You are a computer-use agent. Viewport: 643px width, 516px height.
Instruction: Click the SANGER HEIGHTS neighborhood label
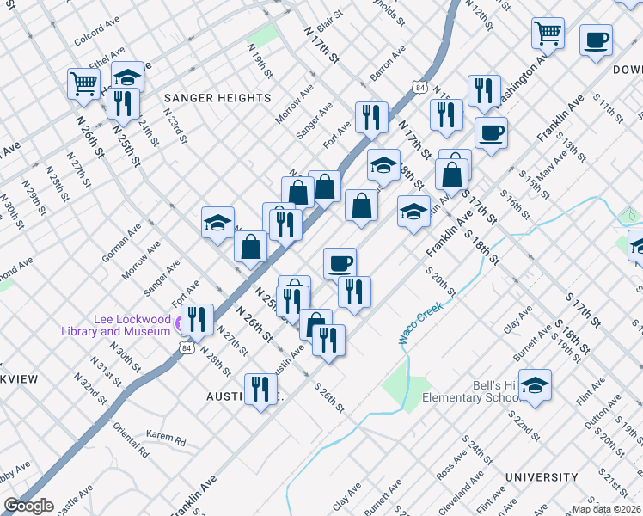tap(217, 98)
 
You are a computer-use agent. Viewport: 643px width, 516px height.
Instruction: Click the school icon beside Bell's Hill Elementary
tap(535, 385)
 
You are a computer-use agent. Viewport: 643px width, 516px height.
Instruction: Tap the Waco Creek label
tap(419, 326)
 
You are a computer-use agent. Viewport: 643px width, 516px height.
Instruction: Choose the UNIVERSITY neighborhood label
tap(542, 477)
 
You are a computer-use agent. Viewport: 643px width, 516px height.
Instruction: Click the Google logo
tap(28, 506)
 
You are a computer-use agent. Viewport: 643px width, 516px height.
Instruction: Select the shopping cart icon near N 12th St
tap(548, 34)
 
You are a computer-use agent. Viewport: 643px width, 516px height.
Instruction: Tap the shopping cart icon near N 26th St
tap(83, 83)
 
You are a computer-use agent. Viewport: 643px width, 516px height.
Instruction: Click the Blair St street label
tap(329, 14)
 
